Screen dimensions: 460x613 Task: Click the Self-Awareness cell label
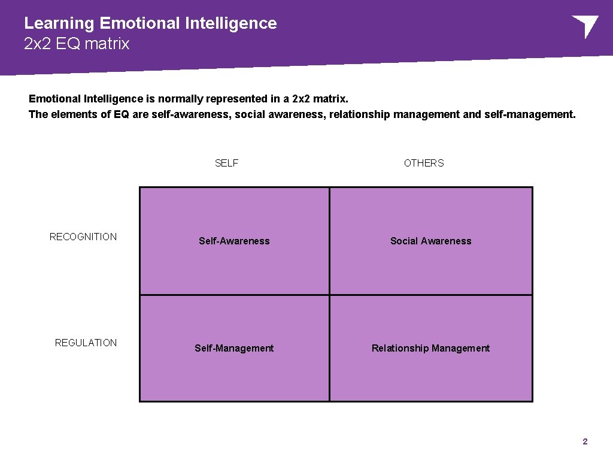tap(234, 241)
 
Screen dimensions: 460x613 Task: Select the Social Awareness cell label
tap(430, 241)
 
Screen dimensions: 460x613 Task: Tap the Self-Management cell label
tap(234, 349)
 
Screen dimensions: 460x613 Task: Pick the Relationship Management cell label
tap(430, 349)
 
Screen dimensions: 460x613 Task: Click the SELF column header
tap(226, 164)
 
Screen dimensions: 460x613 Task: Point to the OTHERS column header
tap(424, 164)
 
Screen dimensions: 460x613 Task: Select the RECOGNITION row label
tap(83, 237)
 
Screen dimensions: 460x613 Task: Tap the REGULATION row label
tap(86, 343)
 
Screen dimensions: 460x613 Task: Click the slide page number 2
tap(585, 442)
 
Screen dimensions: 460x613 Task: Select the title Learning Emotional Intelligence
tap(150, 23)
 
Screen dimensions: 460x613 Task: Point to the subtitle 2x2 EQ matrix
tap(77, 44)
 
